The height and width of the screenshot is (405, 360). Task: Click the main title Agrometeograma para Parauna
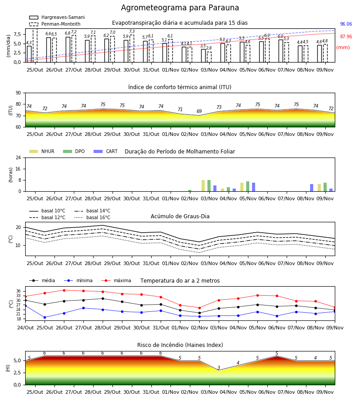coord(180,8)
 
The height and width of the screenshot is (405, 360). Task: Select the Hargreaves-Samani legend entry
coord(57,17)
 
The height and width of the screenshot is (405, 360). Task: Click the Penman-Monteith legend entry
coord(55,24)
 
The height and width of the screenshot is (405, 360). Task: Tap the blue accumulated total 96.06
coord(346,24)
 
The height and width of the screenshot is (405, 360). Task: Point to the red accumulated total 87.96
coord(346,37)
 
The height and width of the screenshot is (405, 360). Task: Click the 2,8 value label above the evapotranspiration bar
coord(209,48)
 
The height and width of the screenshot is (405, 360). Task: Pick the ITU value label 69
coord(199,111)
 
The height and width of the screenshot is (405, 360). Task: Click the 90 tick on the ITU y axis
coord(18,93)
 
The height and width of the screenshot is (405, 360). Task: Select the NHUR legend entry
coord(42,151)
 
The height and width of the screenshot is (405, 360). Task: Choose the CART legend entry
coord(106,151)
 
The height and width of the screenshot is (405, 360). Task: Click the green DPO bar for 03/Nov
coord(209,186)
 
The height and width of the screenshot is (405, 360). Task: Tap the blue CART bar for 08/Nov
coord(312,188)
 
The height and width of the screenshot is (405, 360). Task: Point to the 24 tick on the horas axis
coord(18,157)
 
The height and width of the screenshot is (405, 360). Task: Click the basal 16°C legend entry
coord(92,217)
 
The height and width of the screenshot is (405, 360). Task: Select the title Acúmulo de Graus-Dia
coord(180,216)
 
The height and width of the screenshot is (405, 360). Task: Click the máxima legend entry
coord(116,280)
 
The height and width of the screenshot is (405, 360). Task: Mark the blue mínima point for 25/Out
coord(45,317)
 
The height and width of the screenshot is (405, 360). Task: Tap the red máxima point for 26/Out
coord(64,290)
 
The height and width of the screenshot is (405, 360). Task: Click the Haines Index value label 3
coord(219,368)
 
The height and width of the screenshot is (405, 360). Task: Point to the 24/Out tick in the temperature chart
coord(25,328)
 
